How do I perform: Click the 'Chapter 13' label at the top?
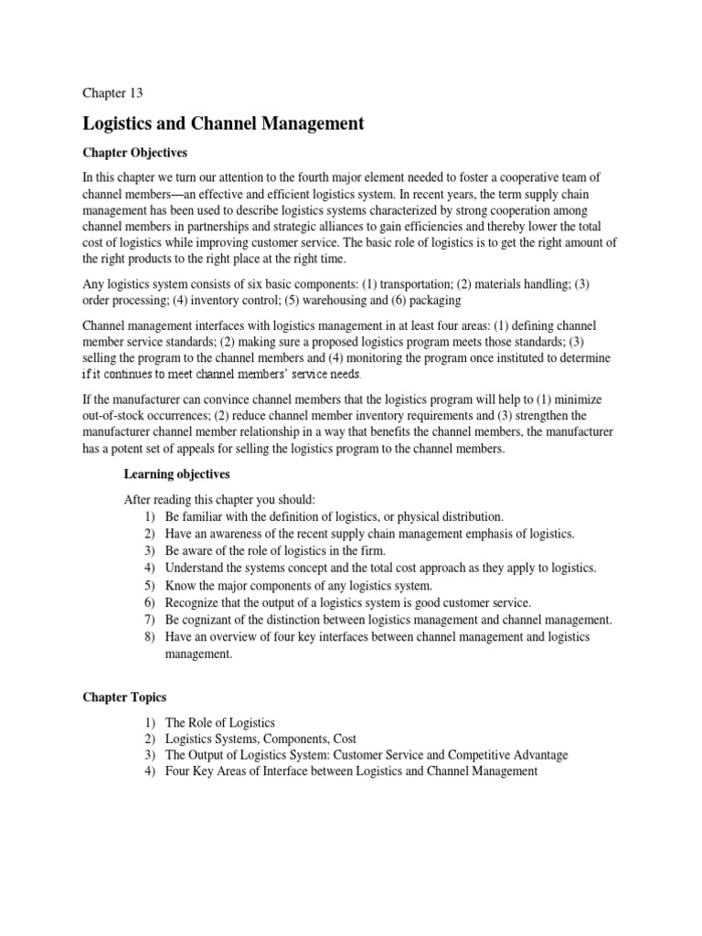(x=112, y=92)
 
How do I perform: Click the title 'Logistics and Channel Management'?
(x=223, y=122)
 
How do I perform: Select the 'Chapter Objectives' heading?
(x=134, y=153)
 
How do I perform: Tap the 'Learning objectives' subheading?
(x=176, y=473)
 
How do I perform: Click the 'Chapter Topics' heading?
(x=124, y=697)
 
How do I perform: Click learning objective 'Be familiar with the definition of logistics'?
(x=334, y=516)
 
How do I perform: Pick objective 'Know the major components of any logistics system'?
(x=299, y=585)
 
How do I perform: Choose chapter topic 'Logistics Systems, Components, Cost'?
(x=261, y=739)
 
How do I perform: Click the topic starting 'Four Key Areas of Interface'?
(x=351, y=772)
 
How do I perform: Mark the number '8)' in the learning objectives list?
(x=149, y=637)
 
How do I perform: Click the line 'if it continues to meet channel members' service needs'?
(x=222, y=375)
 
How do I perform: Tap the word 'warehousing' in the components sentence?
(x=324, y=300)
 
